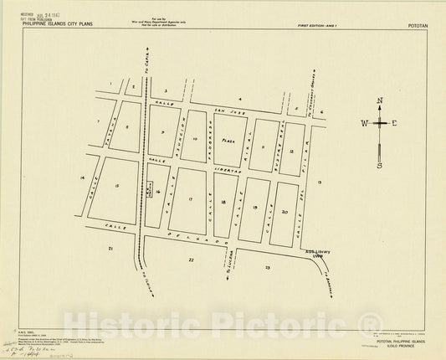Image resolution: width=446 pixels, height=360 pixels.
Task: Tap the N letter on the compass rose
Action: [x=380, y=102]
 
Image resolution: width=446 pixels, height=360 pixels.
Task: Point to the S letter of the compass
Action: [x=380, y=165]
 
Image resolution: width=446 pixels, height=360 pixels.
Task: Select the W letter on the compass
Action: [x=364, y=123]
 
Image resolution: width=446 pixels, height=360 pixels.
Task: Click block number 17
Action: [x=191, y=199]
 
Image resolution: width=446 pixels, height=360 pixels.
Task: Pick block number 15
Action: [x=117, y=185]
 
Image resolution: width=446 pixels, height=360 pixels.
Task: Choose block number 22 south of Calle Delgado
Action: [x=191, y=260]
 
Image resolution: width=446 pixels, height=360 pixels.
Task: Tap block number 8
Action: [x=127, y=126]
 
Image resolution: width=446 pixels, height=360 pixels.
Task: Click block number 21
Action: [x=110, y=249]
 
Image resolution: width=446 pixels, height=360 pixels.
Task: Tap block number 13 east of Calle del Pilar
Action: [x=320, y=181]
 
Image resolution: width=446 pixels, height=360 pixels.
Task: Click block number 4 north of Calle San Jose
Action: [x=239, y=99]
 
